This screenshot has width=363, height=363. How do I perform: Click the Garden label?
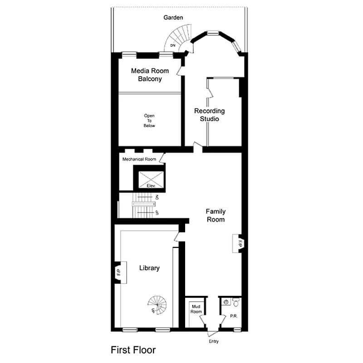[x=173, y=18]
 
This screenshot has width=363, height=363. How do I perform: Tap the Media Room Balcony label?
[x=150, y=75]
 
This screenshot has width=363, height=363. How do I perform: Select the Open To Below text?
[x=149, y=121]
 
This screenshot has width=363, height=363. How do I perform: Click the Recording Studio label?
[x=209, y=115]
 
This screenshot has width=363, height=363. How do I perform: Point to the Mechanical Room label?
[x=139, y=159]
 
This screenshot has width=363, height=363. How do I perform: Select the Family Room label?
[x=216, y=215]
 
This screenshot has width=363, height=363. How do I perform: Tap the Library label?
[x=149, y=268]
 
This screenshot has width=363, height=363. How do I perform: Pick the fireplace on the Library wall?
[x=119, y=273]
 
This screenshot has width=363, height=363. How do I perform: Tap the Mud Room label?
[x=196, y=309]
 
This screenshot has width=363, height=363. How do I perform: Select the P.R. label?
[x=234, y=316]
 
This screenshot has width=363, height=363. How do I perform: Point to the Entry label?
[x=213, y=341]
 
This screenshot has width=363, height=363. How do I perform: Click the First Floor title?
[x=133, y=350]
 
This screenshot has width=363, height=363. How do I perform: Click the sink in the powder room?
[x=226, y=302]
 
